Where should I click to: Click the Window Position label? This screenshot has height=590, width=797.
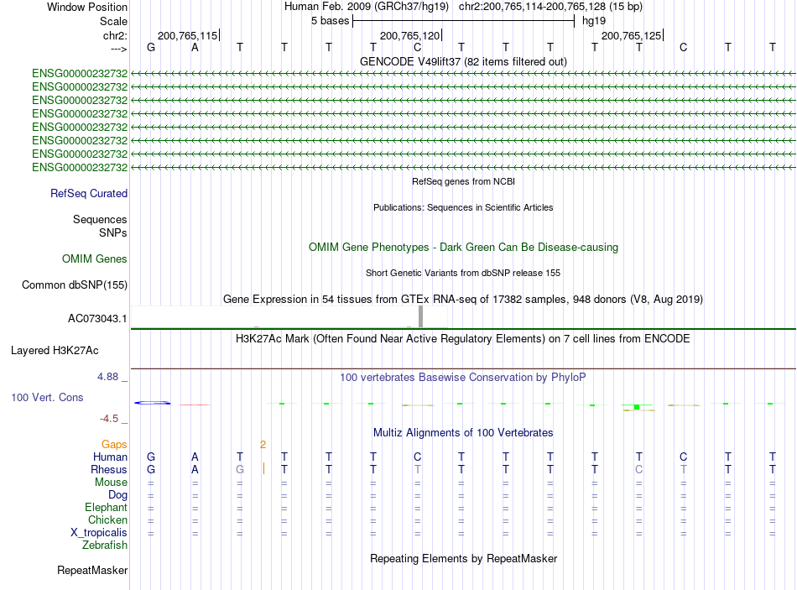[87, 7]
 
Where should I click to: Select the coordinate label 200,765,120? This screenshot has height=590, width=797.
[409, 36]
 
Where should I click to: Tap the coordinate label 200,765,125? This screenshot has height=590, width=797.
[631, 36]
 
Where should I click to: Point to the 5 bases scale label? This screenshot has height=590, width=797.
[330, 20]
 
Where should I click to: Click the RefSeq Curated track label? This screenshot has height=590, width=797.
[89, 193]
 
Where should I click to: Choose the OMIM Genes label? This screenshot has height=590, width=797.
[95, 259]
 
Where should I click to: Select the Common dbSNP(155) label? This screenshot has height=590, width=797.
[75, 285]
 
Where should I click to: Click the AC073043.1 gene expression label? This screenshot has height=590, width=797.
[97, 319]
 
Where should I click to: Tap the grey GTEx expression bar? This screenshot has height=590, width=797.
[420, 316]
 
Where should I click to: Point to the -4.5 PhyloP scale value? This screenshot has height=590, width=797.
[109, 418]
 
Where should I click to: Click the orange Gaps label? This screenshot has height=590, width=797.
[114, 444]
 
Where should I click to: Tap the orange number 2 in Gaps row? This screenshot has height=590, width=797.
[263, 444]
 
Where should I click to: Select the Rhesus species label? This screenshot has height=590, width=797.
[109, 470]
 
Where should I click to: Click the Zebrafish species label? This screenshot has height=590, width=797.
[105, 546]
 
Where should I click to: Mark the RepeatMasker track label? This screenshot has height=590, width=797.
[92, 571]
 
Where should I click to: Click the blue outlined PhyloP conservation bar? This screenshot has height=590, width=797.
[153, 404]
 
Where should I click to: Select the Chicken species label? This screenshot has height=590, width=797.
[107, 520]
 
